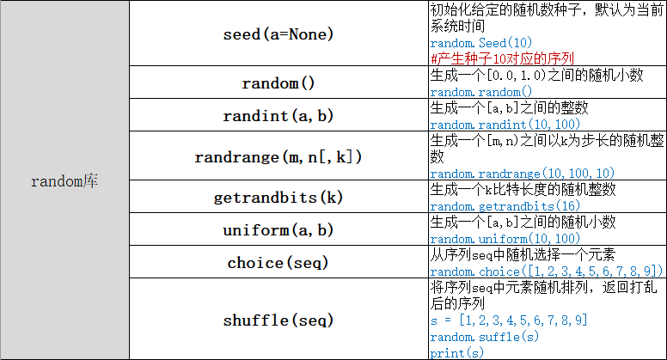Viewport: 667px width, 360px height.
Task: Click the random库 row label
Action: click(64, 181)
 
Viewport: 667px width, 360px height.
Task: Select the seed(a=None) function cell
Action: click(278, 34)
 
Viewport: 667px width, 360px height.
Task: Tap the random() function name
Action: click(278, 83)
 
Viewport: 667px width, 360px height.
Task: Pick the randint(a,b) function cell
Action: click(278, 115)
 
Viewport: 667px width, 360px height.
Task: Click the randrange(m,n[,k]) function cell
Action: click(278, 157)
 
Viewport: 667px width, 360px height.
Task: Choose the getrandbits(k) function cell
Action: click(278, 198)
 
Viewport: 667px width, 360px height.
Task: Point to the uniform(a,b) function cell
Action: click(278, 230)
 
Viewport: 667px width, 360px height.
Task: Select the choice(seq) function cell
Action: click(278, 263)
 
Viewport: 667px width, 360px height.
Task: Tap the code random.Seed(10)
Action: click(474, 43)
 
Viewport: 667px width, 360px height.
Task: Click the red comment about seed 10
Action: click(502, 58)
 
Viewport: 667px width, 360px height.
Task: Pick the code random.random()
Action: click(480, 92)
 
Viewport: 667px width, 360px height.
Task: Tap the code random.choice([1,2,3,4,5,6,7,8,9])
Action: click(546, 271)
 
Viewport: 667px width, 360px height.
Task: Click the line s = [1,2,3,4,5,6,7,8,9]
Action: click(509, 320)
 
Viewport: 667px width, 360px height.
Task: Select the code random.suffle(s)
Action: click(484, 337)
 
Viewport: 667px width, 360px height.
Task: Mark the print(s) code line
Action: click(456, 352)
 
